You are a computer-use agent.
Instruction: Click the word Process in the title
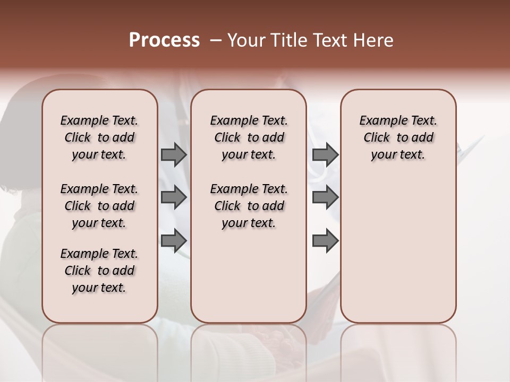click(164, 40)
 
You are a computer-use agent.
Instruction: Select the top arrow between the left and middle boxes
click(174, 155)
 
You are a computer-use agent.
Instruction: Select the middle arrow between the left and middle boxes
click(174, 198)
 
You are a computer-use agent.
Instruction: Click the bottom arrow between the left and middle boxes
click(174, 241)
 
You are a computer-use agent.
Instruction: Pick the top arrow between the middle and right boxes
click(325, 155)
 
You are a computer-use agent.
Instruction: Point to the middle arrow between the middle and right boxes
click(325, 198)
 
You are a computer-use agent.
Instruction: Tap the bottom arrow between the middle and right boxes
click(325, 241)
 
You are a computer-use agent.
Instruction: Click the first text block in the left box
click(99, 137)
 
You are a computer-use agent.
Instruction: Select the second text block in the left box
click(99, 206)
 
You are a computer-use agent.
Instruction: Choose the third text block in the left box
click(99, 271)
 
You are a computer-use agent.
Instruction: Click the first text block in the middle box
click(249, 137)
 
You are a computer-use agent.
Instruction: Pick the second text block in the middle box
click(249, 206)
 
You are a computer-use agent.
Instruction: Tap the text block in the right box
click(398, 137)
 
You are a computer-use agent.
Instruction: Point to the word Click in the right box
click(377, 138)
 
